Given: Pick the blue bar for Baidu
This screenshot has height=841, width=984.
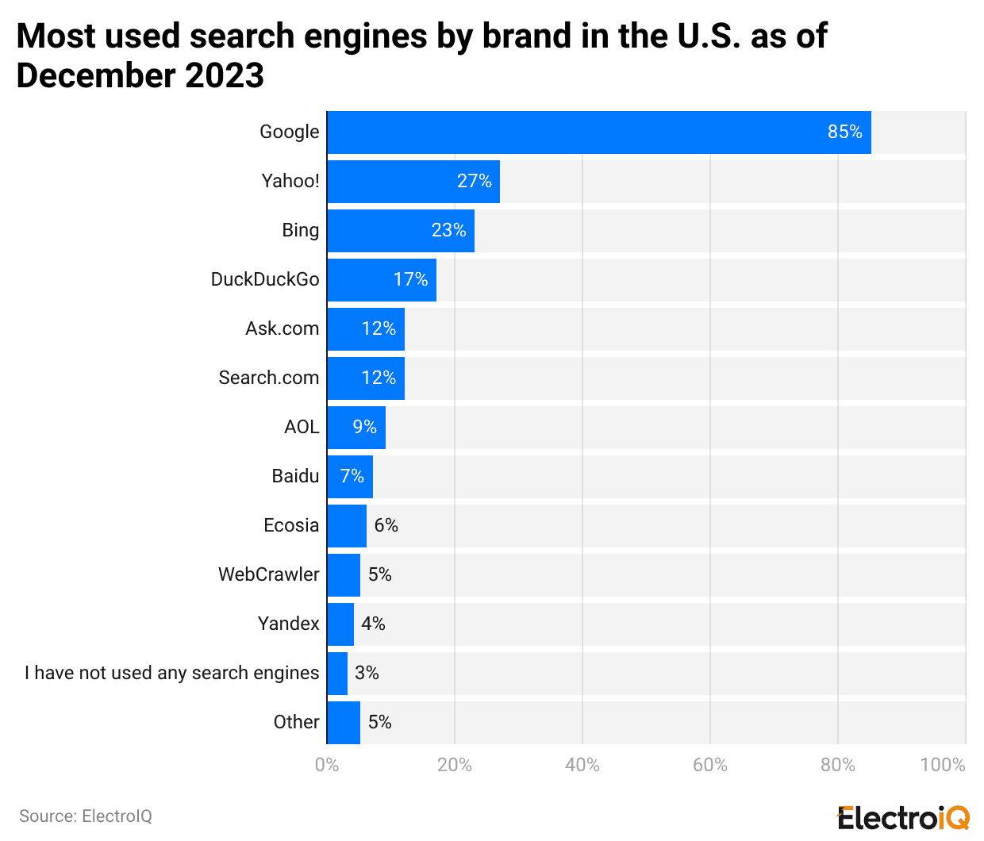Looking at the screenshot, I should pyautogui.click(x=349, y=477).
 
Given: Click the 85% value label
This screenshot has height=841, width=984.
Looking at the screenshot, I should pyautogui.click(x=844, y=132).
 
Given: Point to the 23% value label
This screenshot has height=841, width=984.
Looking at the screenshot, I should pyautogui.click(x=448, y=230).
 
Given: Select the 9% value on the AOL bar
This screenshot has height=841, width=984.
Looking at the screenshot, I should pyautogui.click(x=364, y=427).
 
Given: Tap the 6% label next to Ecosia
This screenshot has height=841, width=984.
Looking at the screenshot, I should pyautogui.click(x=386, y=525).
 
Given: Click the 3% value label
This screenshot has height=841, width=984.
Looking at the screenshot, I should pyautogui.click(x=367, y=673).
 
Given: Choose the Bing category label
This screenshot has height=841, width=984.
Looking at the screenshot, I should pyautogui.click(x=300, y=230).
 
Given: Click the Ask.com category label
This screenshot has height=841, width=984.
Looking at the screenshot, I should pyautogui.click(x=282, y=328).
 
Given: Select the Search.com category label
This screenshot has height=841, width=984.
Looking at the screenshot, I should pyautogui.click(x=268, y=378).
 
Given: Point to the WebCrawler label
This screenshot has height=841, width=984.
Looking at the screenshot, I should pyautogui.click(x=268, y=574).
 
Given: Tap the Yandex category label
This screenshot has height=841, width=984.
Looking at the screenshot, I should pyautogui.click(x=288, y=624).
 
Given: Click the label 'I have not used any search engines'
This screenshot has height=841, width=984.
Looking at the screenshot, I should pyautogui.click(x=171, y=673).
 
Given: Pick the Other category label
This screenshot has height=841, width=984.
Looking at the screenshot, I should pyautogui.click(x=296, y=722).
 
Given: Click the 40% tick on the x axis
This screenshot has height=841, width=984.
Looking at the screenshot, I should pyautogui.click(x=582, y=765).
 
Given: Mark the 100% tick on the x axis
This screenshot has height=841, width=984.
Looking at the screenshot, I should pyautogui.click(x=942, y=765).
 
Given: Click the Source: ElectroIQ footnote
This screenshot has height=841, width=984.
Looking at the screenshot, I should pyautogui.click(x=85, y=816).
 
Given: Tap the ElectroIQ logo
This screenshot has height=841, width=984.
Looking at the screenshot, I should pyautogui.click(x=903, y=817).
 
